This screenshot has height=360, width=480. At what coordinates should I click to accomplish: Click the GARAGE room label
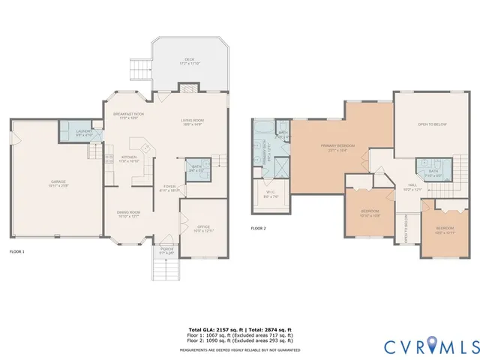(58, 182)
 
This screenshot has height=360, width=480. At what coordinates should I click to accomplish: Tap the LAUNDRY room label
(85, 132)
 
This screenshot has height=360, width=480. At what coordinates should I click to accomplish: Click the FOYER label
(169, 188)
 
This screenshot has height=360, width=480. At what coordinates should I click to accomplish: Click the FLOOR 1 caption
(16, 251)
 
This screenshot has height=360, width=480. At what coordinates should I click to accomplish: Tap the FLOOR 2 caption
(258, 228)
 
